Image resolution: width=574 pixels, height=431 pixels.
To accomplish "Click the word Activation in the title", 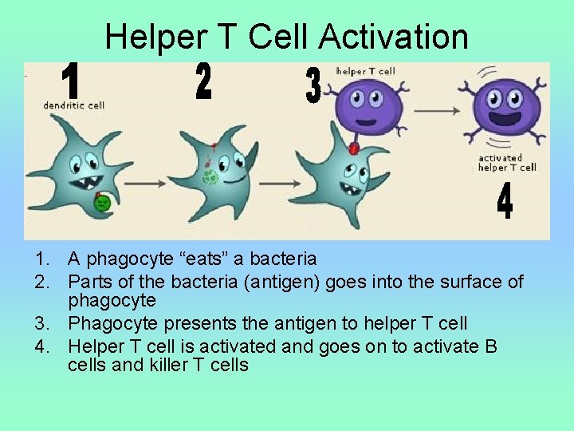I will [393, 37].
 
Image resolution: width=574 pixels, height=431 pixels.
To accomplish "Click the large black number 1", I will [71, 83].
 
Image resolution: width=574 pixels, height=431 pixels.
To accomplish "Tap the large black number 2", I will [203, 82].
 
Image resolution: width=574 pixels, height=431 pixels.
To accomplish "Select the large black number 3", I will [313, 86].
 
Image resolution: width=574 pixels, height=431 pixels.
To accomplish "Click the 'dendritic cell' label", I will [73, 105].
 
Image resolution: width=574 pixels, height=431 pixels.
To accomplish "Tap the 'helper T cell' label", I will [365, 72].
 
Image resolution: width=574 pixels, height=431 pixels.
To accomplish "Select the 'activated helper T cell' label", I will [507, 163].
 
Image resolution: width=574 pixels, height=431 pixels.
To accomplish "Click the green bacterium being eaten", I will [102, 203].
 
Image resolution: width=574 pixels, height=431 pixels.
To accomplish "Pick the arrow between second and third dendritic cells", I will [269, 182].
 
